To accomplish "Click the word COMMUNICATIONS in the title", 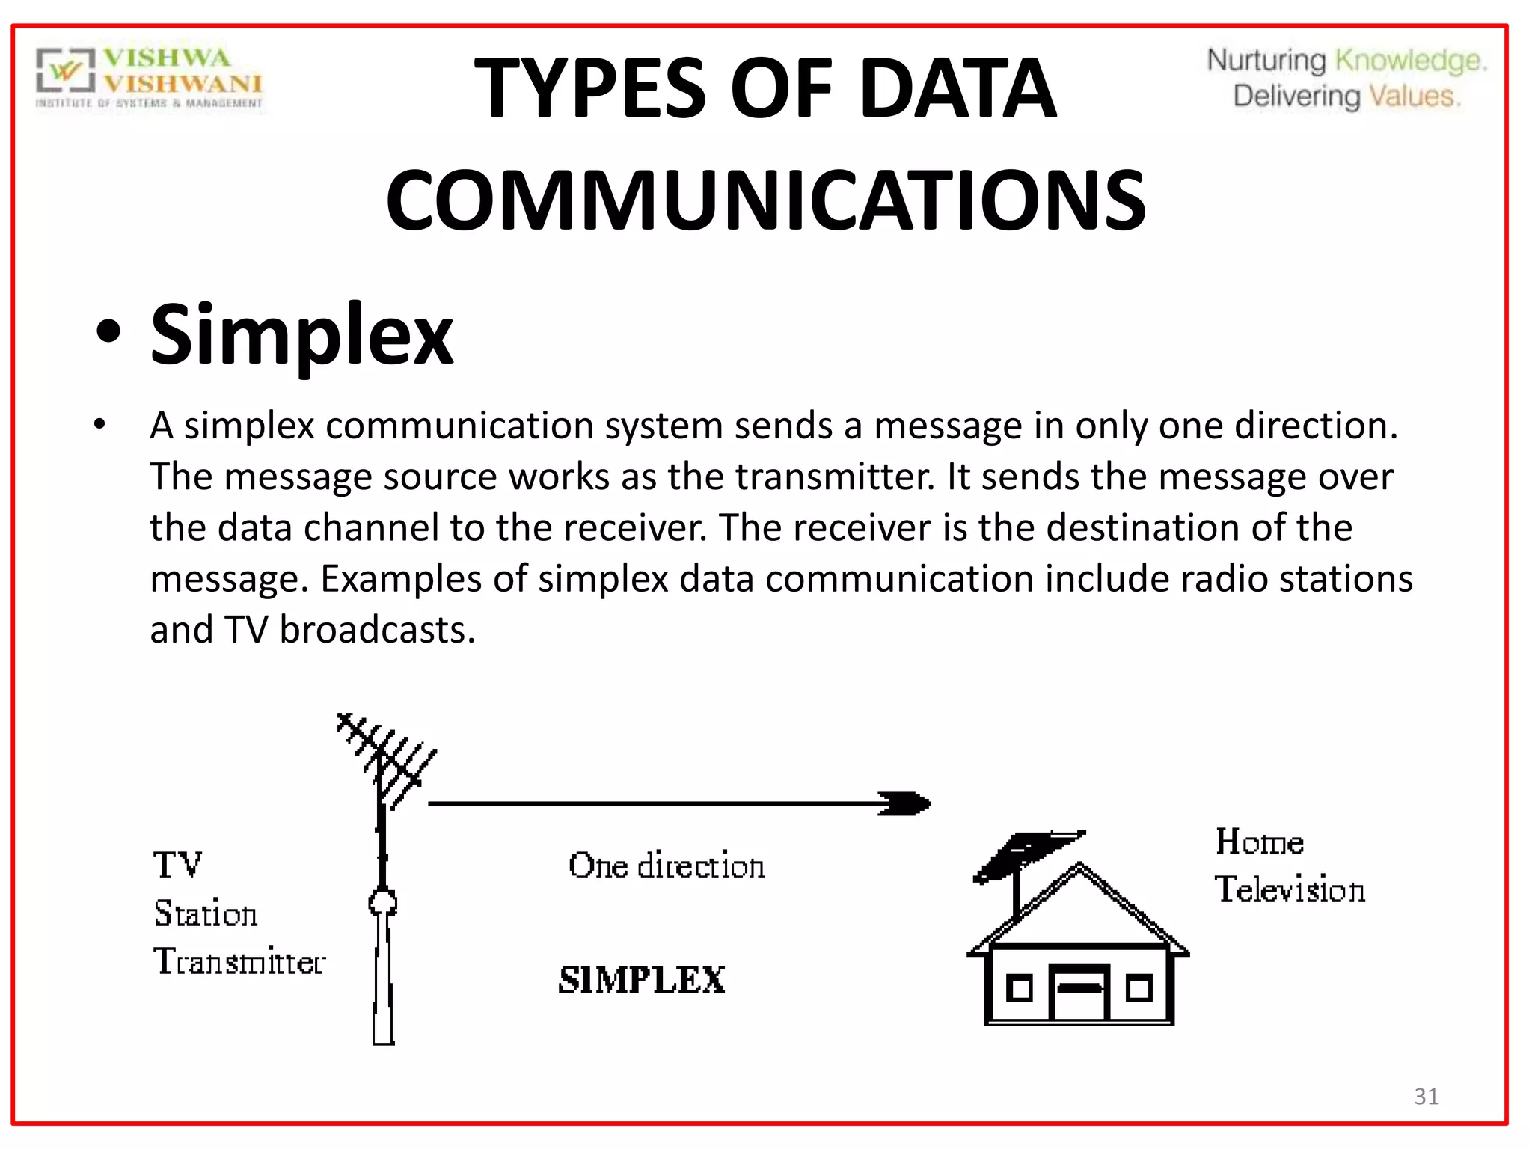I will tap(765, 200).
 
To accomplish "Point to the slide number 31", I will tap(1426, 1096).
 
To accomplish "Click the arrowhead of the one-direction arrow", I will tap(907, 804).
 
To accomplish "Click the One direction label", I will tap(667, 866).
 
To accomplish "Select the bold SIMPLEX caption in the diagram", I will tap(642, 980).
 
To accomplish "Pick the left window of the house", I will tap(1019, 989).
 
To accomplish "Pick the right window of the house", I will tap(1139, 988).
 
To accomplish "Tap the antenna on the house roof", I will tap(1029, 857).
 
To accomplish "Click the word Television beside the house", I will tap(1290, 890).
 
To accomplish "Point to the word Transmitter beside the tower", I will tap(239, 962).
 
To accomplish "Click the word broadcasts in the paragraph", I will tap(377, 630).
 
